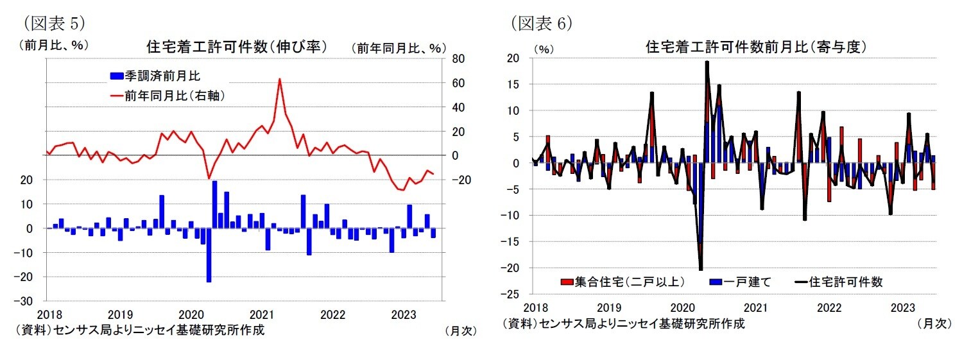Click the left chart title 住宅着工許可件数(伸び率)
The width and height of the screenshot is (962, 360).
(237, 47)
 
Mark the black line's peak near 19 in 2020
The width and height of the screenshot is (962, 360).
(707, 62)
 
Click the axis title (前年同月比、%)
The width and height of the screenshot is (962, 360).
(398, 47)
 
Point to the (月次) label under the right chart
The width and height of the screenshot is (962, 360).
(934, 324)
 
